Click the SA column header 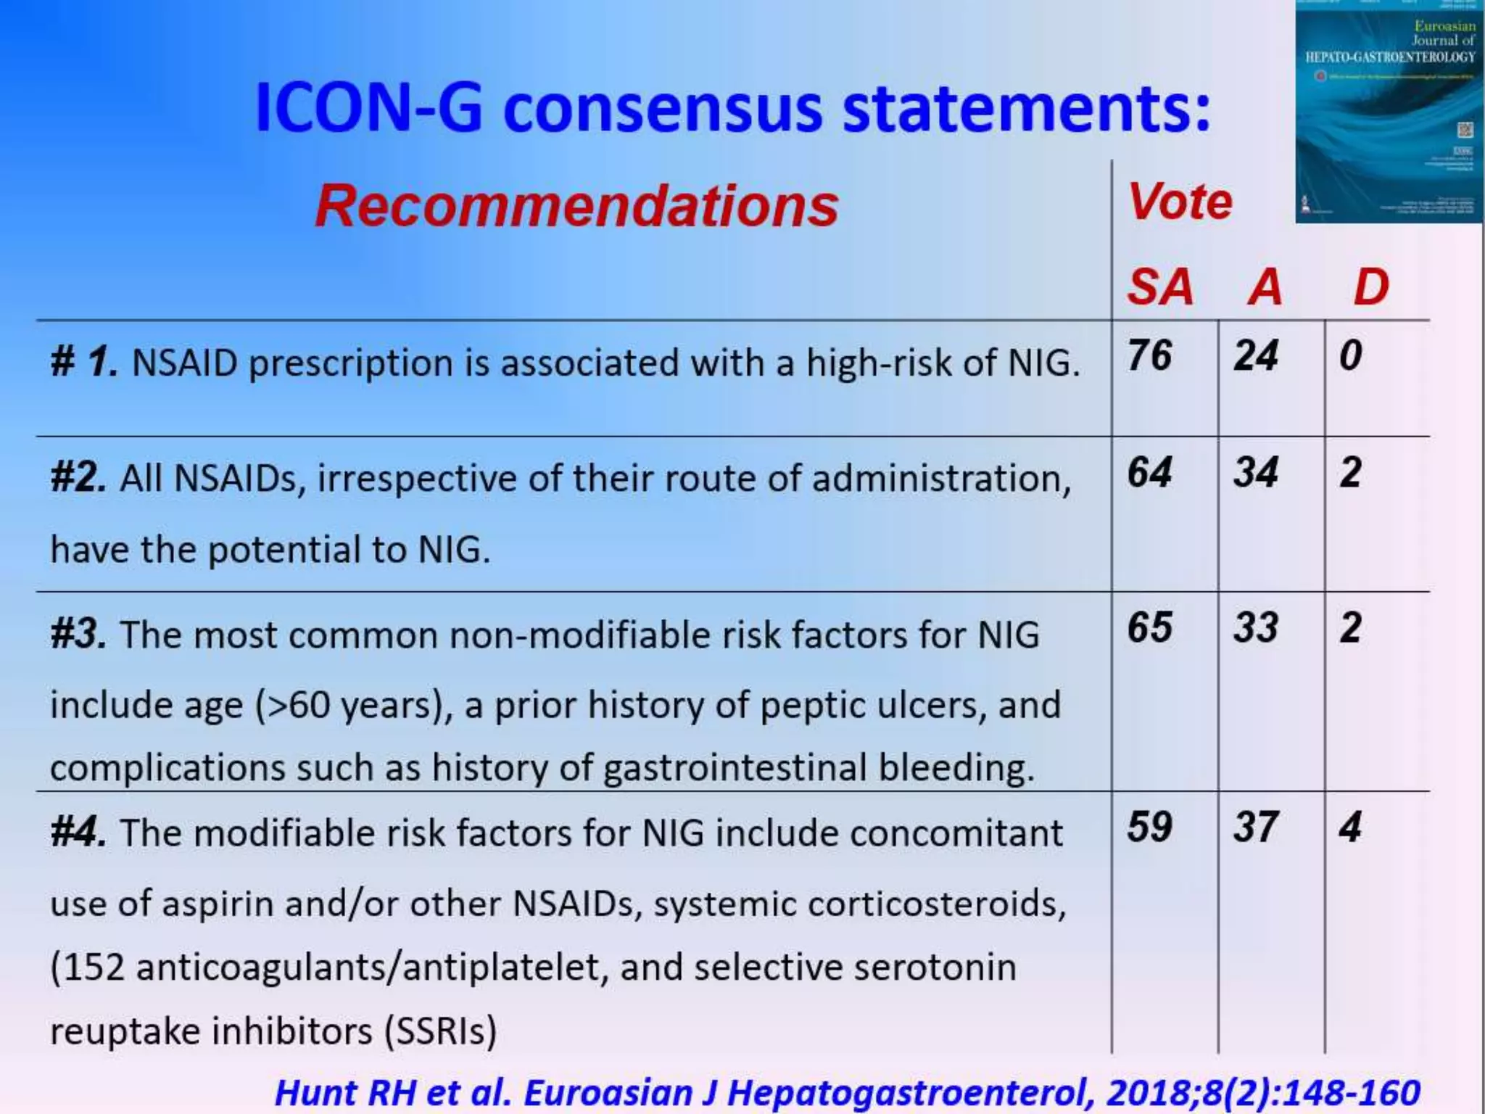pyautogui.click(x=1159, y=287)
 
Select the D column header pyautogui.click(x=1370, y=287)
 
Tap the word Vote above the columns pyautogui.click(x=1180, y=202)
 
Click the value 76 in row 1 pyautogui.click(x=1149, y=356)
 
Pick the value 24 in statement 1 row pyautogui.click(x=1255, y=356)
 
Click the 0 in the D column pyautogui.click(x=1350, y=356)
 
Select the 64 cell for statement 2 pyautogui.click(x=1149, y=473)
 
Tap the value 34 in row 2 pyautogui.click(x=1255, y=473)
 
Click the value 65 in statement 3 pyautogui.click(x=1149, y=628)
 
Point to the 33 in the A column pyautogui.click(x=1255, y=628)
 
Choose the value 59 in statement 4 pyautogui.click(x=1149, y=827)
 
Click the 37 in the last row pyautogui.click(x=1255, y=827)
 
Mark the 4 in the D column pyautogui.click(x=1350, y=827)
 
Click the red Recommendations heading pyautogui.click(x=576, y=206)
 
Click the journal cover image pyautogui.click(x=1389, y=112)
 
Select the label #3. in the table pyautogui.click(x=78, y=635)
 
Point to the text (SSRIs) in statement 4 pyautogui.click(x=440, y=1031)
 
